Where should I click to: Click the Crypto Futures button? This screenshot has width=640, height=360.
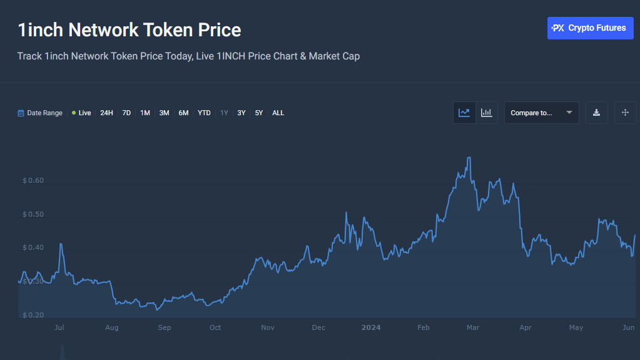coord(590,28)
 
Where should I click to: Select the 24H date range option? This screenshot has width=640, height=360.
coord(106,113)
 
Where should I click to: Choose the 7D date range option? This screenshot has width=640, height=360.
coord(126,113)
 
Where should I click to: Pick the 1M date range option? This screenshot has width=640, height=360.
coord(145,113)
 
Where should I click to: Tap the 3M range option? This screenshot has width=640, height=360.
coord(164,113)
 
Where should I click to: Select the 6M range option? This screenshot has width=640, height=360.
coord(183,113)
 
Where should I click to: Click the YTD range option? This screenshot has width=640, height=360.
coord(204,113)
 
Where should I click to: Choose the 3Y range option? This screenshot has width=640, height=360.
coord(241,113)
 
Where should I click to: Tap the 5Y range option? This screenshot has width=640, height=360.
coord(259,113)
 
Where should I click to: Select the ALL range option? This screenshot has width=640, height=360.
coord(278,113)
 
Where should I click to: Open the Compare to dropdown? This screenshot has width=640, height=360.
coord(541,113)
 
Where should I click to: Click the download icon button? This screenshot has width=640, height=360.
coord(596,113)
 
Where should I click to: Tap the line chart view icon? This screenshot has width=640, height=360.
coord(464,113)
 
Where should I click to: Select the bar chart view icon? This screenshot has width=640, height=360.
coord(486,113)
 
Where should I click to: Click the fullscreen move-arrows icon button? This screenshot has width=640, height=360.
coord(625,113)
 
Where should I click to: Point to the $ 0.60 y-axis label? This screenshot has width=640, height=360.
coord(33,181)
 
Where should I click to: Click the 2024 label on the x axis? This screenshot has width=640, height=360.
coord(371,327)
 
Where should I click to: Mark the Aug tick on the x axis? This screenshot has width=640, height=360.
coord(112,327)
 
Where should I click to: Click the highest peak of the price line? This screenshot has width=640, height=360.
coord(469,157)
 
